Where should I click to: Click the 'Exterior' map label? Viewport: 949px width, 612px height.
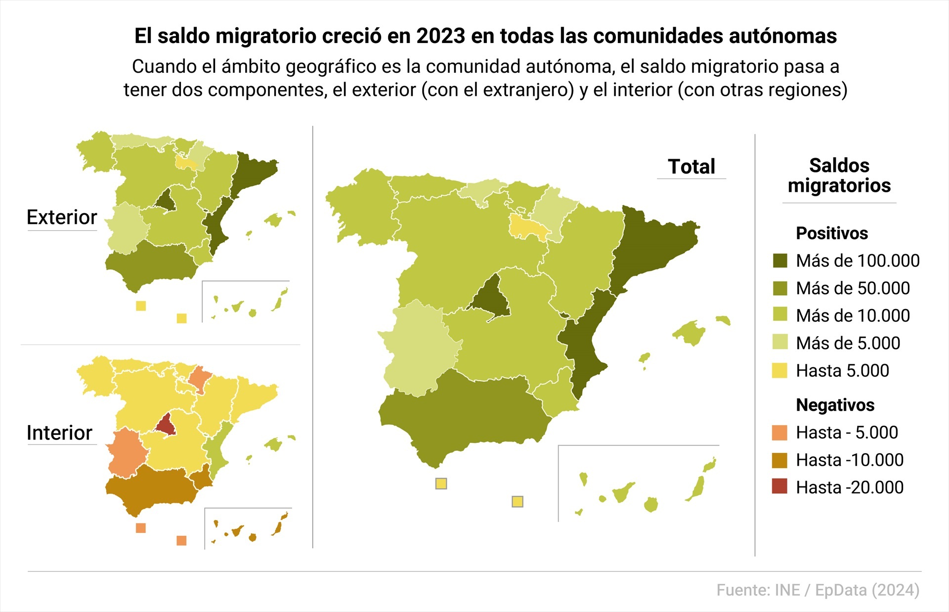62,218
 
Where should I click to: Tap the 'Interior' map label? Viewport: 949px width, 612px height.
59,433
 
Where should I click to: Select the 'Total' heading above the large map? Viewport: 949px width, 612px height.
691,167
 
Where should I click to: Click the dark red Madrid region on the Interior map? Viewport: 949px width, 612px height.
166,425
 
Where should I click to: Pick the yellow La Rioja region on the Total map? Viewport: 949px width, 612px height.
528,228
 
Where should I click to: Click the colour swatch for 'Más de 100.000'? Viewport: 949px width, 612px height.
780,261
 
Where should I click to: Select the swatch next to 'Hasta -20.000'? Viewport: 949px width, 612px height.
779,487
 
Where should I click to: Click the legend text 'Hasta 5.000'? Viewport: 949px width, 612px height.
842,371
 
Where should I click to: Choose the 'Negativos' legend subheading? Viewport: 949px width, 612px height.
835,405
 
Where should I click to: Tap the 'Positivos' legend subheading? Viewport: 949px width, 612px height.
832,233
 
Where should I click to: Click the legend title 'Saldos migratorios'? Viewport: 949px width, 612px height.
839,175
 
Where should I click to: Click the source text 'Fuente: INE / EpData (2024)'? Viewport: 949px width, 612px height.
818,590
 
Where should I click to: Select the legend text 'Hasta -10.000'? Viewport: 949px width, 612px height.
849,460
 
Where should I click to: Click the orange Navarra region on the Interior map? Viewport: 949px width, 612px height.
200,378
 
